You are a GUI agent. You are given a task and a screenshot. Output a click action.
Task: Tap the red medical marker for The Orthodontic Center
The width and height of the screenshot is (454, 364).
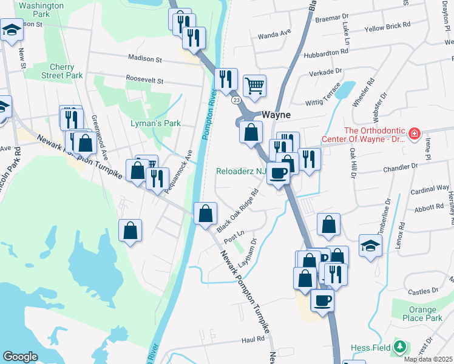tap(415, 133)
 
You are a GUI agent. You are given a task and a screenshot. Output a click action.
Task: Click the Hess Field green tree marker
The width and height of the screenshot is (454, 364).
tap(399, 347)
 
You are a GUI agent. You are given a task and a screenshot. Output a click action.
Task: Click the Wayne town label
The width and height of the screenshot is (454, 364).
tap(276, 115)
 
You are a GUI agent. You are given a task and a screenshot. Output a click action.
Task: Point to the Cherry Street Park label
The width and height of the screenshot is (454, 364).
tap(62, 71)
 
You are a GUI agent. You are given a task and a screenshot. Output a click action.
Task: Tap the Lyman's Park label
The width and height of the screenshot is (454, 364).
tap(156, 123)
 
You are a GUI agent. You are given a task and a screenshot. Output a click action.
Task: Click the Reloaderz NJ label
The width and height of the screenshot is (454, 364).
tap(242, 171)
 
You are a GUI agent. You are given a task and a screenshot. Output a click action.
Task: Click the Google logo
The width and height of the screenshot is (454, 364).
tap(20, 357)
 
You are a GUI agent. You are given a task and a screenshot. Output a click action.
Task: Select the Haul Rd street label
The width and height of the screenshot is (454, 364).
tap(252, 340)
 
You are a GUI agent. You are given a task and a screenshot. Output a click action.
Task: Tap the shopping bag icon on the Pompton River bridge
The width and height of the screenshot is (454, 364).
tap(205, 214)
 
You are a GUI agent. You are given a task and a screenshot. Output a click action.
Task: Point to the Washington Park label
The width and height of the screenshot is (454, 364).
tap(41, 8)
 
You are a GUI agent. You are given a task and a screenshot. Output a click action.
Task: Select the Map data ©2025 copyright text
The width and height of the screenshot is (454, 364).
tap(427, 359)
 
